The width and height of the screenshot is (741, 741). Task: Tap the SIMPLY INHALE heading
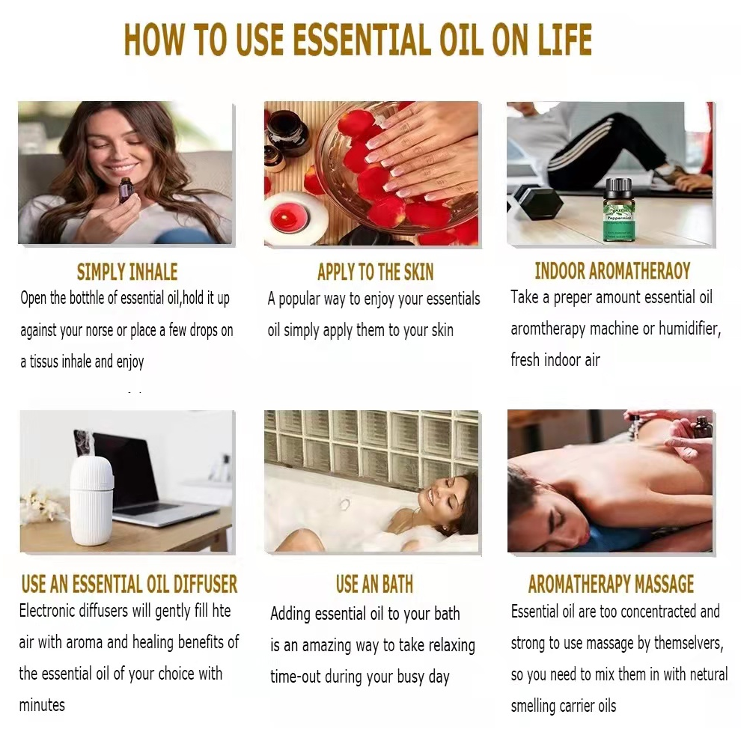[127, 272]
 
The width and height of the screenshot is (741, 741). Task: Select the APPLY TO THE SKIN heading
[375, 272]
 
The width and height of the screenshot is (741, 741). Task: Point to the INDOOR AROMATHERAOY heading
[612, 271]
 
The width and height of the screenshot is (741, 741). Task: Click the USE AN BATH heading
[374, 584]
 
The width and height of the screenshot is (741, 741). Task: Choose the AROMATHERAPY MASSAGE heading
[611, 584]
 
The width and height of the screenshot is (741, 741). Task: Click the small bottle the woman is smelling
[125, 190]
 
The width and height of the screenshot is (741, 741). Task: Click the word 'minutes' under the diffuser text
[42, 705]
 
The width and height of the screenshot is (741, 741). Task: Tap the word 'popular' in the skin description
[299, 299]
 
